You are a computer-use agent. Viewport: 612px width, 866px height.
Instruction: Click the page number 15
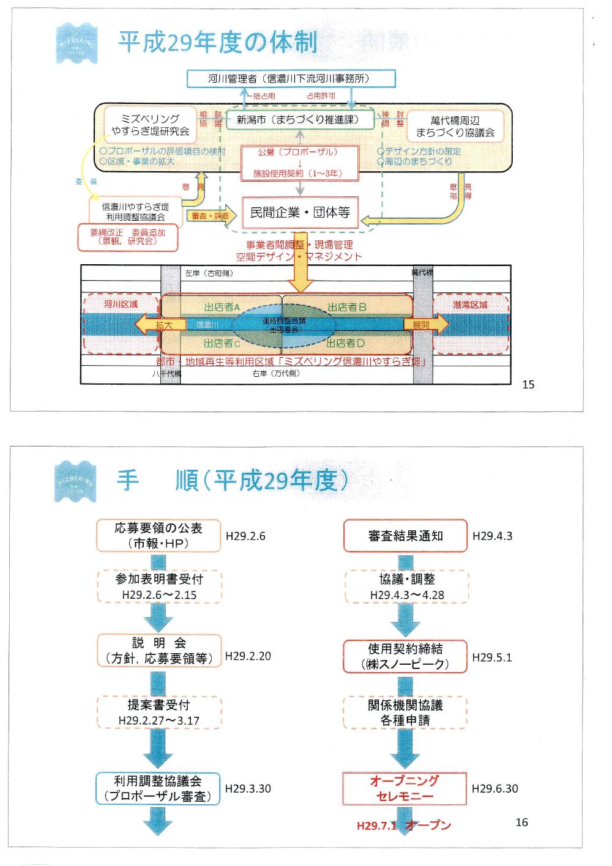(x=528, y=384)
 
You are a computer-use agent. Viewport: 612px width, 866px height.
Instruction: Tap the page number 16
(x=521, y=822)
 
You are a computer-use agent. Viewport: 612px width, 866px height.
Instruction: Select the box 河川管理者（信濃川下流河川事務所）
(x=291, y=79)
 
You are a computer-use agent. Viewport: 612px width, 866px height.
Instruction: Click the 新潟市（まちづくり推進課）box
(x=298, y=120)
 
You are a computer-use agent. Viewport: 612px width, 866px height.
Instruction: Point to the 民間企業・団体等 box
(x=300, y=213)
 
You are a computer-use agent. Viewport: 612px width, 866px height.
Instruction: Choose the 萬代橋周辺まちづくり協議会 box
(x=455, y=126)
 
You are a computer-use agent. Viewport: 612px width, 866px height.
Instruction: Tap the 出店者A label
(x=222, y=307)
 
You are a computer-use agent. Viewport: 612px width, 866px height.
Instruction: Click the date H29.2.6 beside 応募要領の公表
(x=245, y=536)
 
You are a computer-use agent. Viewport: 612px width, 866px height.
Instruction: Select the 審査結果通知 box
(x=405, y=536)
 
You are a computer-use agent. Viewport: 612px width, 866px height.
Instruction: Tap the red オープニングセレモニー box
(x=405, y=788)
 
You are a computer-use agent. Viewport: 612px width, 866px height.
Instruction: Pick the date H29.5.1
(x=492, y=657)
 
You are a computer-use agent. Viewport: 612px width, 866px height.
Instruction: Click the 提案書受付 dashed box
(x=159, y=712)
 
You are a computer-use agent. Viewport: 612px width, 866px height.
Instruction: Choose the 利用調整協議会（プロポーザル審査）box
(x=158, y=788)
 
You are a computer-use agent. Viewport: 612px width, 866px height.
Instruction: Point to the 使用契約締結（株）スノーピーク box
(x=405, y=656)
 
